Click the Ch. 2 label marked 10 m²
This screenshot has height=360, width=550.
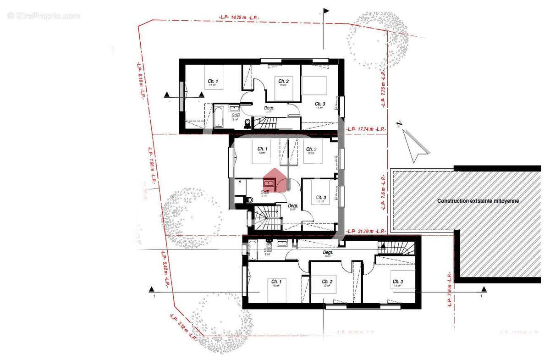coord(283,83)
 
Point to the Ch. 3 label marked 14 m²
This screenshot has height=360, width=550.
coord(397,283)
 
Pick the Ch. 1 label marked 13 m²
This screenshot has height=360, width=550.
coord(262,150)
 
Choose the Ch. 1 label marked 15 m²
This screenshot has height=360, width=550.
coord(276,283)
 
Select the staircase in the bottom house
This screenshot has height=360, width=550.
coord(396,248)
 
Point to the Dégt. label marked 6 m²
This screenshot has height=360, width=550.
coord(328,254)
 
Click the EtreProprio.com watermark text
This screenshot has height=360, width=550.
coord(44,16)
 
